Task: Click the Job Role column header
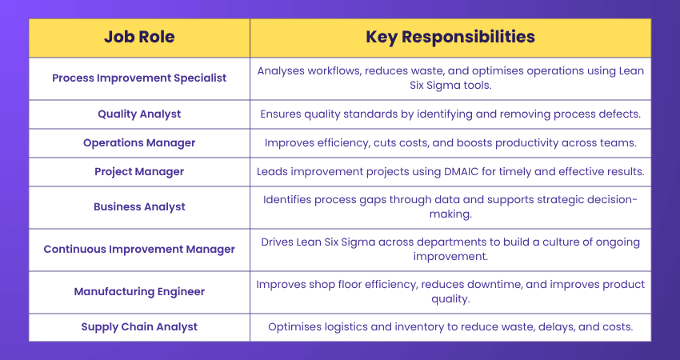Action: (x=139, y=37)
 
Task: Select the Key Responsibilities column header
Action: (x=450, y=37)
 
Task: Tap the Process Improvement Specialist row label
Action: (x=139, y=78)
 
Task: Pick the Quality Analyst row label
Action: (x=139, y=114)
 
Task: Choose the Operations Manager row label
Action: (x=139, y=142)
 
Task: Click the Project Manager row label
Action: (x=139, y=171)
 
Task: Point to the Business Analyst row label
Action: (x=139, y=206)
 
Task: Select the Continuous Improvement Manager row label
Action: (x=139, y=249)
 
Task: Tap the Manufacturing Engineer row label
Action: (x=139, y=291)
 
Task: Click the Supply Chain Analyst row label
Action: (x=139, y=326)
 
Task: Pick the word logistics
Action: (x=346, y=326)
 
